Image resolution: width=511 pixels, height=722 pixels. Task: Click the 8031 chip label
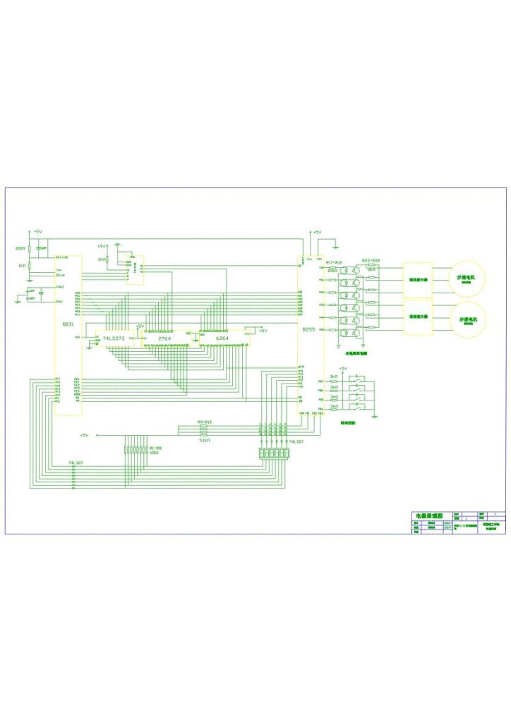click(68, 324)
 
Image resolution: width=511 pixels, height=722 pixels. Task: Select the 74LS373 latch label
click(114, 339)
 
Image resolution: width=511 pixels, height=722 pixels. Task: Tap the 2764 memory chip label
click(164, 339)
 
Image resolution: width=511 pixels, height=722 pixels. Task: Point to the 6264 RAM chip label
click(222, 339)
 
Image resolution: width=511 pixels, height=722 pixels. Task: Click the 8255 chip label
click(308, 330)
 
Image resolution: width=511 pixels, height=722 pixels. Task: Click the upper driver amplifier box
click(417, 280)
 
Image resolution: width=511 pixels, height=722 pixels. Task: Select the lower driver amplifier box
click(417, 317)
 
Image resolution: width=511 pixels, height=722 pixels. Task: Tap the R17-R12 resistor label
click(333, 262)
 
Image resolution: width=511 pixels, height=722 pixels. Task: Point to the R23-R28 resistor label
click(371, 261)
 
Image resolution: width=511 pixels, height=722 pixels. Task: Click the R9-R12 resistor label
click(205, 422)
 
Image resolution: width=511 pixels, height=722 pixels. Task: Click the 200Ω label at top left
click(20, 248)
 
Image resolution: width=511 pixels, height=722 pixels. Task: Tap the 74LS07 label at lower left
click(76, 462)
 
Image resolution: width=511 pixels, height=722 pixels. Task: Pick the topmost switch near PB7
click(361, 381)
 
